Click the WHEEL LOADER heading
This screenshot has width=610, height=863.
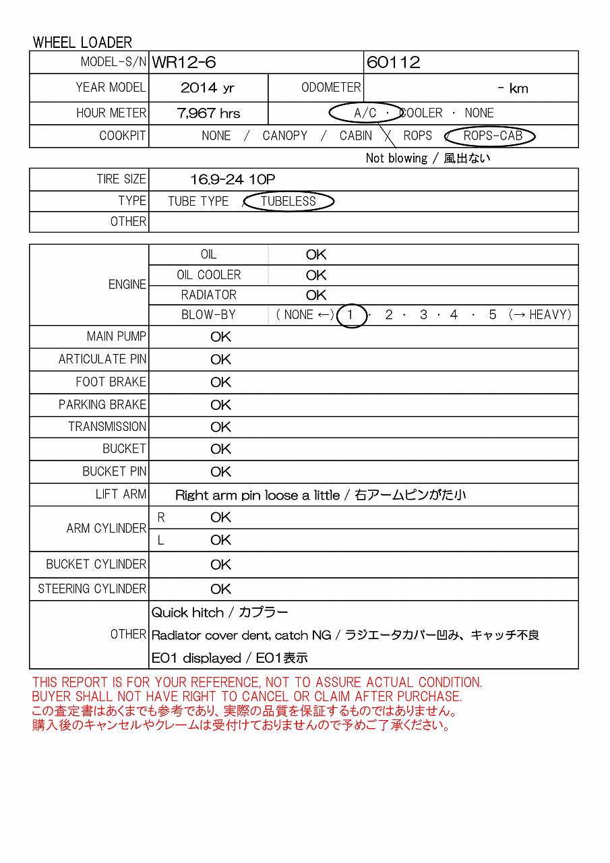[x=82, y=42]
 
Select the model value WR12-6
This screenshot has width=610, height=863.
[x=184, y=63]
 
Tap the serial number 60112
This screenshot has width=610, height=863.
[x=394, y=63]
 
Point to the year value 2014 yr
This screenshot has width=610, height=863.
[x=208, y=88]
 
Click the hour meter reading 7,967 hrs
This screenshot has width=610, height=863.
[x=208, y=113]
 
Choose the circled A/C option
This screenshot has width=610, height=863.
[x=365, y=113]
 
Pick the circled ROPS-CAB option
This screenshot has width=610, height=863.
[x=493, y=136]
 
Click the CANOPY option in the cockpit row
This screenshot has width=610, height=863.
[x=284, y=136]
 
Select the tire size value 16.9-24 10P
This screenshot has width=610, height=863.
[x=233, y=179]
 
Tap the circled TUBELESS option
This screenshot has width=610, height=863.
[x=288, y=202]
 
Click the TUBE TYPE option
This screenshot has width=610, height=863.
[x=198, y=202]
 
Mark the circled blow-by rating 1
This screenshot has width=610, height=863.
[x=350, y=315]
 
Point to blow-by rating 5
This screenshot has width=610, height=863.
[x=493, y=315]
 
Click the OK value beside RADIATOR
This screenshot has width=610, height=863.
[x=315, y=295]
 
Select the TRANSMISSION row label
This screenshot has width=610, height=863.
[x=106, y=427]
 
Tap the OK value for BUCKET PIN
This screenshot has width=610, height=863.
[x=220, y=472]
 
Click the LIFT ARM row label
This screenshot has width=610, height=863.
[x=121, y=494]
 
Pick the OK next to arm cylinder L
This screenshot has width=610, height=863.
[x=220, y=540]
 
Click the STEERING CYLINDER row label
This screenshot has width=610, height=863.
[x=92, y=589]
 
